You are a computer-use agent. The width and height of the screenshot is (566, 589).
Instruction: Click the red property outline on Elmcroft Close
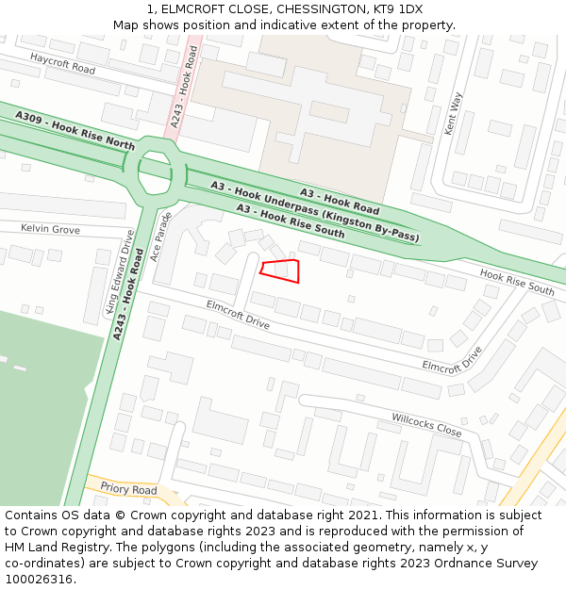click(281, 270)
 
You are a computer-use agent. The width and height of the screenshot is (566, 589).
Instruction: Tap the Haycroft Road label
click(62, 64)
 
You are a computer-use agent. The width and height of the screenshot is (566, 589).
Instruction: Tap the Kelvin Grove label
click(51, 229)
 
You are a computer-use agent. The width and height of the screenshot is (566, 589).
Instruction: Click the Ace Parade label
click(164, 237)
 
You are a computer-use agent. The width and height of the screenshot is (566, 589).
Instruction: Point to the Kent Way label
click(454, 113)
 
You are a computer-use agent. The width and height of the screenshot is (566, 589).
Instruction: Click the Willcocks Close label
click(426, 424)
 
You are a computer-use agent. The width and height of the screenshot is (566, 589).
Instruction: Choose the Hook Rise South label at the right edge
click(517, 281)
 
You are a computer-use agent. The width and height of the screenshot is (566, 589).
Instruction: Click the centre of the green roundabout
click(156, 172)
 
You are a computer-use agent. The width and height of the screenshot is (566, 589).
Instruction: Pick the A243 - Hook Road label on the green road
click(127, 301)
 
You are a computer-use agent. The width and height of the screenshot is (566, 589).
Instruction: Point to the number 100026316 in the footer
click(39, 579)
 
